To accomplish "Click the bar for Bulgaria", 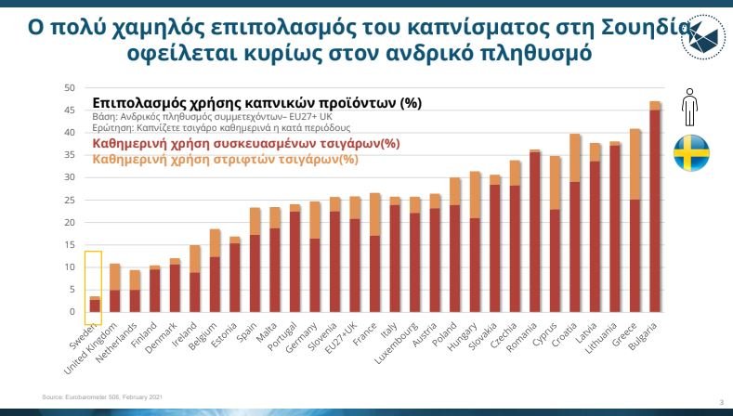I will click(655, 214).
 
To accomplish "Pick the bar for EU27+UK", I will click(354, 260).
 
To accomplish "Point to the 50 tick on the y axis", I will click(69, 88).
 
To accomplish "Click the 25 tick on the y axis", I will click(69, 200).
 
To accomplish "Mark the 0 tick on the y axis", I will click(72, 312).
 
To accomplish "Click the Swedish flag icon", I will click(690, 153).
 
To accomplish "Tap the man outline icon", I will click(689, 107).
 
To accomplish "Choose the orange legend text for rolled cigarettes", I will click(226, 159).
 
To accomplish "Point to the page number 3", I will click(722, 401).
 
